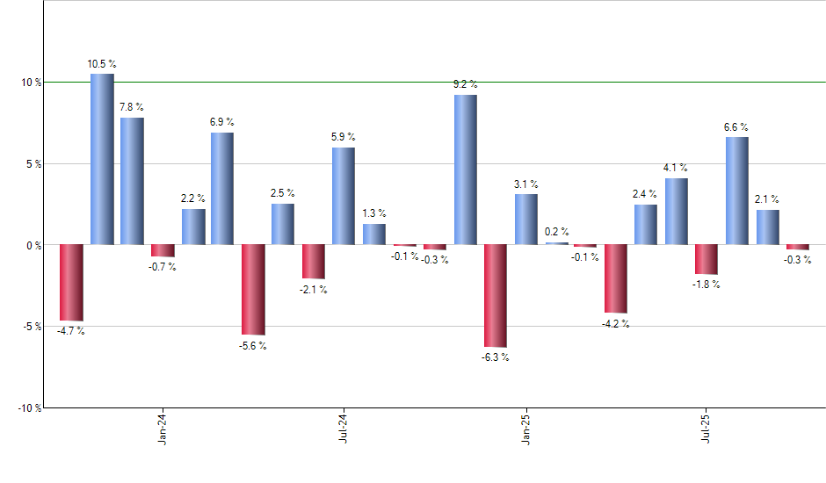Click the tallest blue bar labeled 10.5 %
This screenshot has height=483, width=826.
(x=102, y=159)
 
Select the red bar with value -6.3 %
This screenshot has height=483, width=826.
(x=496, y=295)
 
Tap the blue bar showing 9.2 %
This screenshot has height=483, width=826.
(x=466, y=169)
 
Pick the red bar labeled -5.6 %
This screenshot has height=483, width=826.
(x=253, y=289)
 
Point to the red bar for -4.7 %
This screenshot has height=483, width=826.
(x=71, y=282)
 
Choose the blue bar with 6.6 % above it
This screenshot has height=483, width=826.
(x=737, y=191)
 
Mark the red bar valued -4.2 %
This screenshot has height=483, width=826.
(x=615, y=278)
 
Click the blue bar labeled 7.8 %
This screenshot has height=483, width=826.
(x=132, y=181)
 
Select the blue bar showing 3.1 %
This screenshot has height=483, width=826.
(x=526, y=219)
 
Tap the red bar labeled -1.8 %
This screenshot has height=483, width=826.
(x=706, y=259)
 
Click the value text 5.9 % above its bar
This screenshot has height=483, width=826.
(x=344, y=137)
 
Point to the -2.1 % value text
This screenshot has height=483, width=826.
(x=314, y=291)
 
